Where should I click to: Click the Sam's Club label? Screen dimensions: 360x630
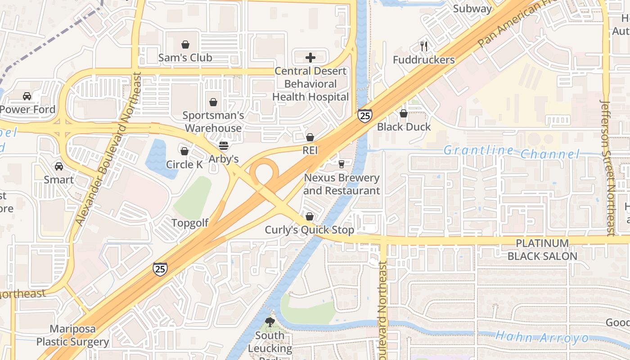pyautogui.click(x=185, y=58)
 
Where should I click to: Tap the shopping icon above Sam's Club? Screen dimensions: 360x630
pyautogui.click(x=185, y=45)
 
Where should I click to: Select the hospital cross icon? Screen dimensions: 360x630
pyautogui.click(x=310, y=58)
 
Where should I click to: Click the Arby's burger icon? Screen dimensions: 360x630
pyautogui.click(x=223, y=146)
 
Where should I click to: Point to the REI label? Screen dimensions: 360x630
pyautogui.click(x=310, y=150)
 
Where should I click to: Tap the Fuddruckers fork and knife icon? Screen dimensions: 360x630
pyautogui.click(x=423, y=46)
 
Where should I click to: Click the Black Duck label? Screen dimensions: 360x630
pyautogui.click(x=404, y=127)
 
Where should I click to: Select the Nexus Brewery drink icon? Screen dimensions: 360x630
pyautogui.click(x=342, y=164)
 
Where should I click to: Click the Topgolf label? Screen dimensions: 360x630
pyautogui.click(x=190, y=223)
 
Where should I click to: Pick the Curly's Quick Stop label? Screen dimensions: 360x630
pyautogui.click(x=309, y=230)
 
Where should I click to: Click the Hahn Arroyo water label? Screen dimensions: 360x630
pyautogui.click(x=542, y=337)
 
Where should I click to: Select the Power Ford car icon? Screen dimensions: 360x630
pyautogui.click(x=27, y=96)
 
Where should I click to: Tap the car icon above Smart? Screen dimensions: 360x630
pyautogui.click(x=58, y=166)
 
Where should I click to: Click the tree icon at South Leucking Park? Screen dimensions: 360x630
pyautogui.click(x=270, y=322)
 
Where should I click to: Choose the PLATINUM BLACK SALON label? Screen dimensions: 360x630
pyautogui.click(x=542, y=250)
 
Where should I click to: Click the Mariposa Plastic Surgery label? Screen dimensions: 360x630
pyautogui.click(x=72, y=335)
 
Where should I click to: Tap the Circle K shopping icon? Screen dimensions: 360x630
pyautogui.click(x=184, y=151)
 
